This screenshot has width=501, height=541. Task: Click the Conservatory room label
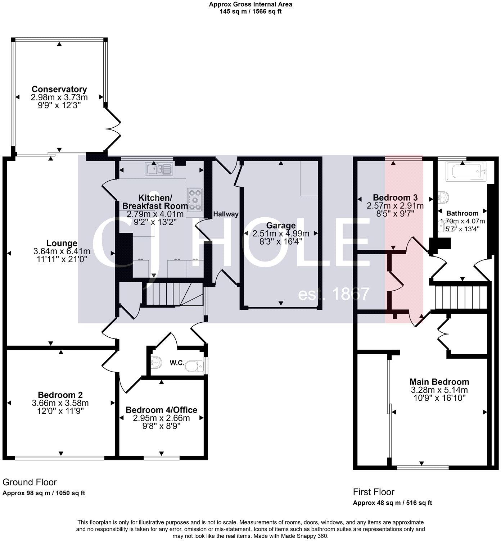pos(59,89)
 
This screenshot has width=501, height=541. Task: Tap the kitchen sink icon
pos(159,169)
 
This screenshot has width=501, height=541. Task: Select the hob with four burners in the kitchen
pos(195,199)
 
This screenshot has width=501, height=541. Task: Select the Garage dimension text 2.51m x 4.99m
pos(281,233)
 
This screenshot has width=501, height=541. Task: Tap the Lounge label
pos(62,243)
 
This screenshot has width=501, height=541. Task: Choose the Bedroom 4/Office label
pos(161,410)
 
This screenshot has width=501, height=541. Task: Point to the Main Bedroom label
pos(439,382)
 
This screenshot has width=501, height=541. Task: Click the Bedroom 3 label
pos(395,197)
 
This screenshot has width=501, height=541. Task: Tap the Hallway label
pos(226,214)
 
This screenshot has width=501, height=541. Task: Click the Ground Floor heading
pos(30,482)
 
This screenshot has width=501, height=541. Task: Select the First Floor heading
pos(374,492)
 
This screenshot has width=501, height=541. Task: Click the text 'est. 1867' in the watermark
pos(334,294)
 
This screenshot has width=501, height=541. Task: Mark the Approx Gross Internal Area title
pos(250,5)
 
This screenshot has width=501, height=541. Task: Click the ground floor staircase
pos(167,294)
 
